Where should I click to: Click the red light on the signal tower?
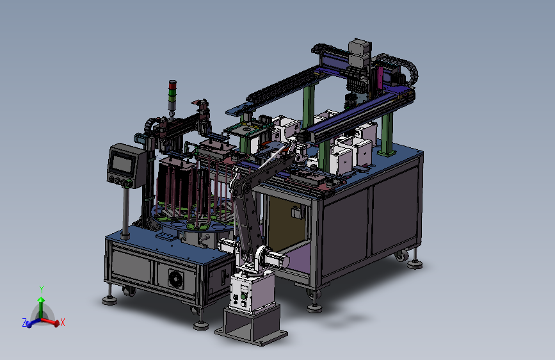click(172, 85)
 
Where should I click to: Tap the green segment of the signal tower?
click(172, 93)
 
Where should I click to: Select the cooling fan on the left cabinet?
click(176, 279)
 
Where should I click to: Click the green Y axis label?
click(42, 290)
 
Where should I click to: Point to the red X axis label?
click(62, 322)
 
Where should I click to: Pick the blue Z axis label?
click(24, 322)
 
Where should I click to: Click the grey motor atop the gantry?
click(360, 53)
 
